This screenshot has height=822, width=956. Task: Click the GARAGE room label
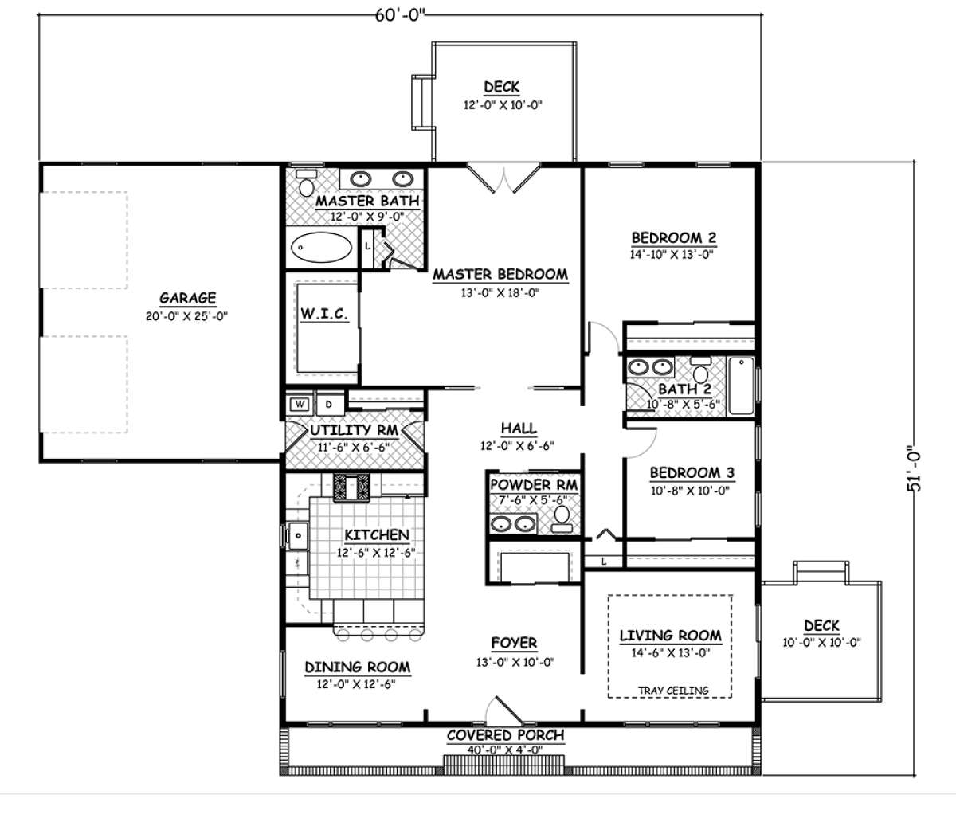tap(188, 298)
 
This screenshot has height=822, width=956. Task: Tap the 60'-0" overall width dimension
tap(400, 15)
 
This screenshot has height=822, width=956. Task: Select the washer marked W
tap(300, 405)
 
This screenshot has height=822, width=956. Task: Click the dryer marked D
tap(329, 405)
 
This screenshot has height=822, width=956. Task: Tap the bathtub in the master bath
tap(321, 247)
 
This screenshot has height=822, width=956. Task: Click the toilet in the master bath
tap(306, 183)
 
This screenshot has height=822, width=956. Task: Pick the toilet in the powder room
tap(562, 519)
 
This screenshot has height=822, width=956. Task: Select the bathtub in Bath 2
tap(742, 386)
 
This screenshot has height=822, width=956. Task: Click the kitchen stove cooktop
tap(351, 487)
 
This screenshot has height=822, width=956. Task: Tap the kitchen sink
tap(298, 535)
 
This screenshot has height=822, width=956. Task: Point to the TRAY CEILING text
tap(673, 691)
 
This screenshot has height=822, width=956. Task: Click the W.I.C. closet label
tap(324, 314)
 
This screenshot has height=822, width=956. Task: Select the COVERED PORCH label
tap(506, 735)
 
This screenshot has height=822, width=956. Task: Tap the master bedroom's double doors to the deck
tap(503, 178)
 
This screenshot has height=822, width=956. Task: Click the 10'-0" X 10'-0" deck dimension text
tap(821, 643)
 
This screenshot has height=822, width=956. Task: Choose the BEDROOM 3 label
tap(692, 472)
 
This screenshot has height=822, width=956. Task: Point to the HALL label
tap(519, 429)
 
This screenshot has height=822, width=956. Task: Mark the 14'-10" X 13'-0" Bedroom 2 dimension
tap(672, 254)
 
